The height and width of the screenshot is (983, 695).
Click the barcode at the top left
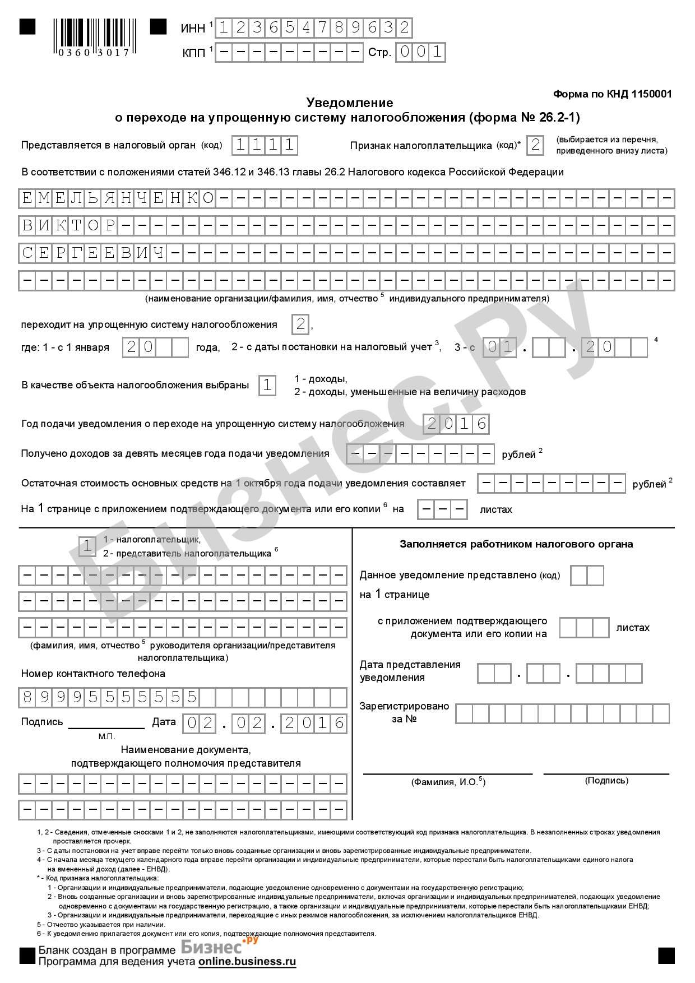click(93, 37)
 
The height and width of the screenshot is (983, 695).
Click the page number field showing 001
click(420, 53)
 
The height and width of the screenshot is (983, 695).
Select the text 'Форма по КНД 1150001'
click(612, 94)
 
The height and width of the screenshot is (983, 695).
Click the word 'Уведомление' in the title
click(349, 103)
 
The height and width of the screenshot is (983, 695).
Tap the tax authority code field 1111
click(265, 145)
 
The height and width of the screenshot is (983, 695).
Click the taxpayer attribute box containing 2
click(536, 145)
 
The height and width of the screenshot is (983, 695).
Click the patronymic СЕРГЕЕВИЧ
click(93, 253)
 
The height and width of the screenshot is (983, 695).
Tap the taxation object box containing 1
click(267, 386)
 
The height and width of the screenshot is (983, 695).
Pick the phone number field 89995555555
click(110, 697)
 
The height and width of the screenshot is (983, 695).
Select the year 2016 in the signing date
click(314, 724)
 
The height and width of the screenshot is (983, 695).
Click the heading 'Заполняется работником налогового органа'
click(516, 544)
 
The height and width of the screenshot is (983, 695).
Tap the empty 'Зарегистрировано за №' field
click(562, 713)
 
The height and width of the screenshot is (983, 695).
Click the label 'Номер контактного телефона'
click(93, 674)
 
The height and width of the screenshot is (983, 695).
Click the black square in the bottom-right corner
click(666, 955)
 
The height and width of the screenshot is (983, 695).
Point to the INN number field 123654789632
click(313, 27)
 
